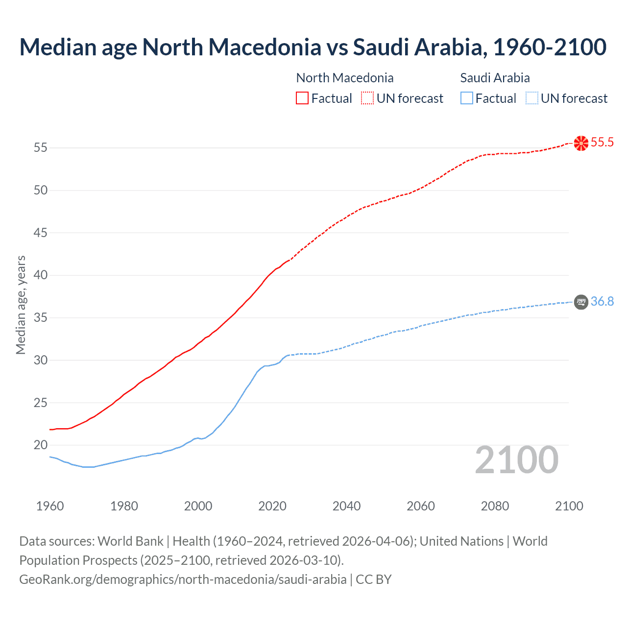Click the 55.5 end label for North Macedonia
tap(602, 143)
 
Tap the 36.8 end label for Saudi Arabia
tap(602, 301)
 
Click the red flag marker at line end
tap(581, 143)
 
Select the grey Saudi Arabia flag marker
tap(581, 302)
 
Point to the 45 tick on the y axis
tap(41, 233)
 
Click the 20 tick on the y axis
tap(41, 445)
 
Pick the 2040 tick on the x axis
tap(346, 506)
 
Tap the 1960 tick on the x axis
tap(50, 506)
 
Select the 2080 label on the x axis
tap(495, 506)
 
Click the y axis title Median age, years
tap(21, 305)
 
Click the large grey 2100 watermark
tap(516, 459)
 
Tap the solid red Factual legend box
tap(302, 98)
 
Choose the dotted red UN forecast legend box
tap(367, 98)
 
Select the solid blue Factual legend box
tap(467, 98)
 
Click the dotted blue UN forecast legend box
tap(531, 98)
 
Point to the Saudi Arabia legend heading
tap(495, 78)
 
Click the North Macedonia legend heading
tap(345, 78)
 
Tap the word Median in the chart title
tap(57, 48)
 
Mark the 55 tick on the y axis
tap(41, 147)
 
